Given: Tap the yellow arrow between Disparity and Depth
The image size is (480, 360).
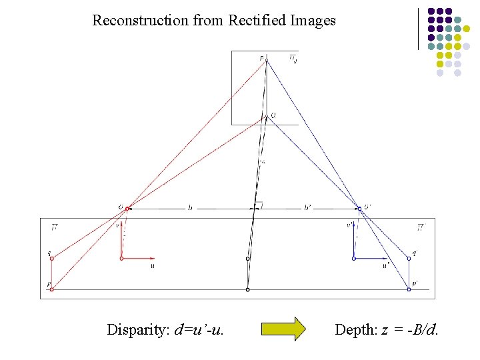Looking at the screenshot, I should click(283, 329).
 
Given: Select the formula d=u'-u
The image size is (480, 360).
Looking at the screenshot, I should click(199, 329).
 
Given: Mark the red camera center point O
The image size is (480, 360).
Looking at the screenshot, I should click(127, 209).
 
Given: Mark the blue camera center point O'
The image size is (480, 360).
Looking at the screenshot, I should click(359, 209).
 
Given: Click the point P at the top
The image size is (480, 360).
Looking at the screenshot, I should click(265, 61).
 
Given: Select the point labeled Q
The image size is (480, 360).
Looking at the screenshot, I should click(265, 117).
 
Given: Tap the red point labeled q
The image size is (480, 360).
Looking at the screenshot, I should click(51, 258).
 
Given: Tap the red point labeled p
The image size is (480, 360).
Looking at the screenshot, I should click(51, 289).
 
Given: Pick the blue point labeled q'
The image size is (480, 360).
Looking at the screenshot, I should click(409, 258).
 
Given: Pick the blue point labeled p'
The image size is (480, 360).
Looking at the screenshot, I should click(409, 289).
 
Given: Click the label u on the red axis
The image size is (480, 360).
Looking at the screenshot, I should click(153, 265).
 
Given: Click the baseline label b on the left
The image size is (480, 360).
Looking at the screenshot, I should click(190, 208).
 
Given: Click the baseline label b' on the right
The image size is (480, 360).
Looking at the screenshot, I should click(307, 208).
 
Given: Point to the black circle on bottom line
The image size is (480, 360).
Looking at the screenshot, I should click(247, 290).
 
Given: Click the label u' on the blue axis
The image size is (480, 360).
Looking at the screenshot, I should click(385, 265).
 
